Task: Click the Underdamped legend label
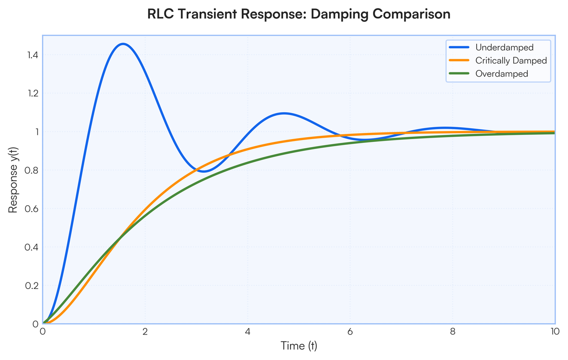[x=504, y=47]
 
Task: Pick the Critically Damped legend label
[x=511, y=61]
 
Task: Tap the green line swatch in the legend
[x=460, y=74]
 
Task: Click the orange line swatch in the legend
[x=460, y=61]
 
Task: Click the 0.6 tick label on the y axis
[x=33, y=209]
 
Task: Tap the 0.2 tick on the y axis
[x=33, y=285]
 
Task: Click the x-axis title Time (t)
[x=299, y=346]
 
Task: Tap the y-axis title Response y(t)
[x=13, y=182]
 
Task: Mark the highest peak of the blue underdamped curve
[x=123, y=44]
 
